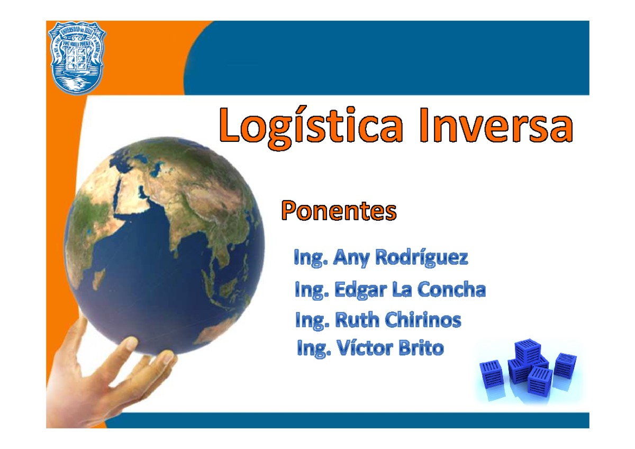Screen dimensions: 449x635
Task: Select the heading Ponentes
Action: [x=338, y=211]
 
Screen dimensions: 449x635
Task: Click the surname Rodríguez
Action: [x=422, y=258]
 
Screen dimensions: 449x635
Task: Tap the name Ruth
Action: [x=357, y=320]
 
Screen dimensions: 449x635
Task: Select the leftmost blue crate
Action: [x=491, y=373]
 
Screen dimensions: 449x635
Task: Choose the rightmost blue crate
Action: [x=565, y=365]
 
